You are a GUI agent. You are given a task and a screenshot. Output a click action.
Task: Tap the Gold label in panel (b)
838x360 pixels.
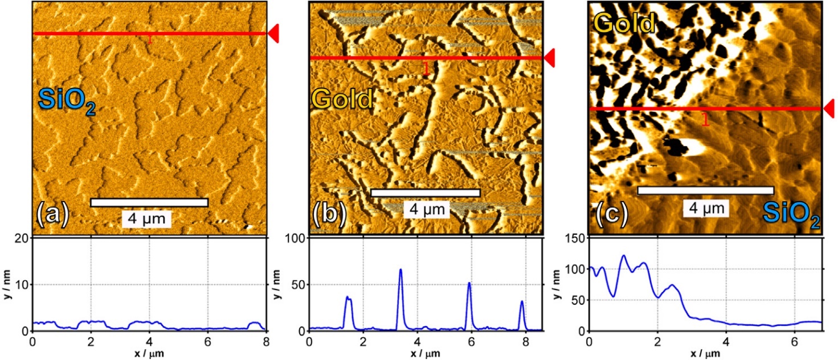click(342, 99)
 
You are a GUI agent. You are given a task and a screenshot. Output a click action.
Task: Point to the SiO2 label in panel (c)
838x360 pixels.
click(791, 215)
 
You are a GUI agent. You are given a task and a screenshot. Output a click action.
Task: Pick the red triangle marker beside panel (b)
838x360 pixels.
click(549, 58)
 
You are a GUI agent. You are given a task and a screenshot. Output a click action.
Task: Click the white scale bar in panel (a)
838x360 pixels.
click(149, 202)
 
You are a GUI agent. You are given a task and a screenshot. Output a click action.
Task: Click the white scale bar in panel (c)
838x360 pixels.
click(705, 190)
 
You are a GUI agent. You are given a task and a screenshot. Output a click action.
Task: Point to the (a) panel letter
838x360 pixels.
click(52, 215)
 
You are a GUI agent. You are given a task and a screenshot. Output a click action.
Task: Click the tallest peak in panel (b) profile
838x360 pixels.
click(400, 269)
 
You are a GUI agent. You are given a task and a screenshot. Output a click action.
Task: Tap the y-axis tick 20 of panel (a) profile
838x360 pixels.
click(22, 239)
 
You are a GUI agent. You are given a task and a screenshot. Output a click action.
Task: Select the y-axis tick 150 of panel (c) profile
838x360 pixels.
click(577, 239)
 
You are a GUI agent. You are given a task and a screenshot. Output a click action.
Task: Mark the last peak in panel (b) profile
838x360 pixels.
click(521, 302)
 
